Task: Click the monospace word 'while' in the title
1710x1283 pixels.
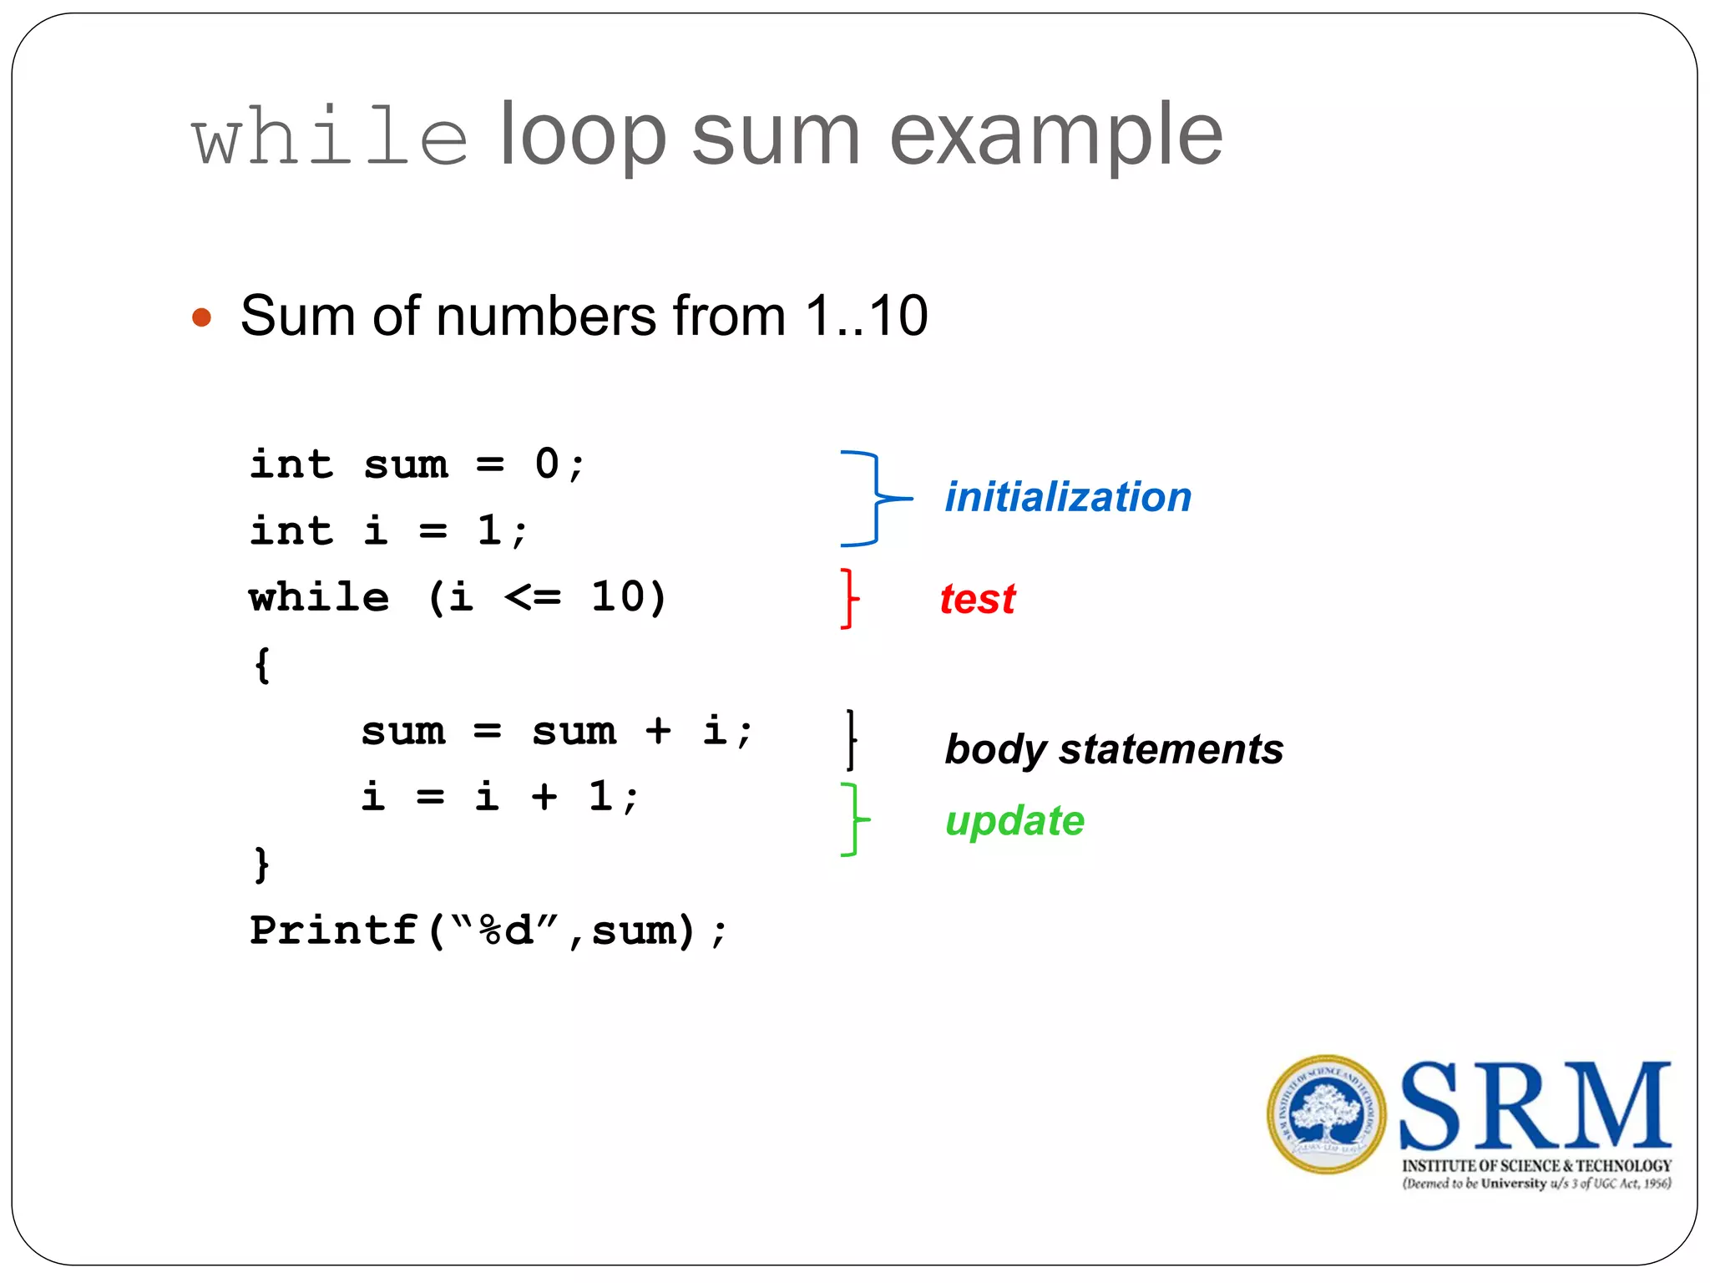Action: [x=330, y=137]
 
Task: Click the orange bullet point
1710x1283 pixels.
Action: [x=201, y=317]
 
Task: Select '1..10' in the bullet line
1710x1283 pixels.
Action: [x=866, y=317]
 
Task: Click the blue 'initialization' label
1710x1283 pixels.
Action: [x=1068, y=498]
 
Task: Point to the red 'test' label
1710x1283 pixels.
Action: [x=978, y=600]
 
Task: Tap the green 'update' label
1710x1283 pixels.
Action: [x=1014, y=821]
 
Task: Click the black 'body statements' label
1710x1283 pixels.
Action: [x=1114, y=749]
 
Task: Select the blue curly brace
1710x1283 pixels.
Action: [x=873, y=499]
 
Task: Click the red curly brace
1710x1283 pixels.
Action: [x=849, y=598]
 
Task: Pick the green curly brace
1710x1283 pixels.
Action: [x=852, y=819]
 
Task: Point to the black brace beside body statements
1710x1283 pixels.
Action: [x=851, y=739]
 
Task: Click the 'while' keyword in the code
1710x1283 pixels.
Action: [x=319, y=598]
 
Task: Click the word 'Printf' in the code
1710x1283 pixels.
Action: [x=333, y=931]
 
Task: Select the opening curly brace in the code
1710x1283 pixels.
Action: [x=262, y=666]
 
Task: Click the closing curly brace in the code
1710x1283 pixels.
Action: [x=262, y=865]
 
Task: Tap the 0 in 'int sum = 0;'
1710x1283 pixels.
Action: [x=547, y=464]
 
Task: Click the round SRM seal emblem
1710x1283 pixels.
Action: [x=1326, y=1114]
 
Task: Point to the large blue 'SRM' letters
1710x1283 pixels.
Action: [x=1535, y=1107]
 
